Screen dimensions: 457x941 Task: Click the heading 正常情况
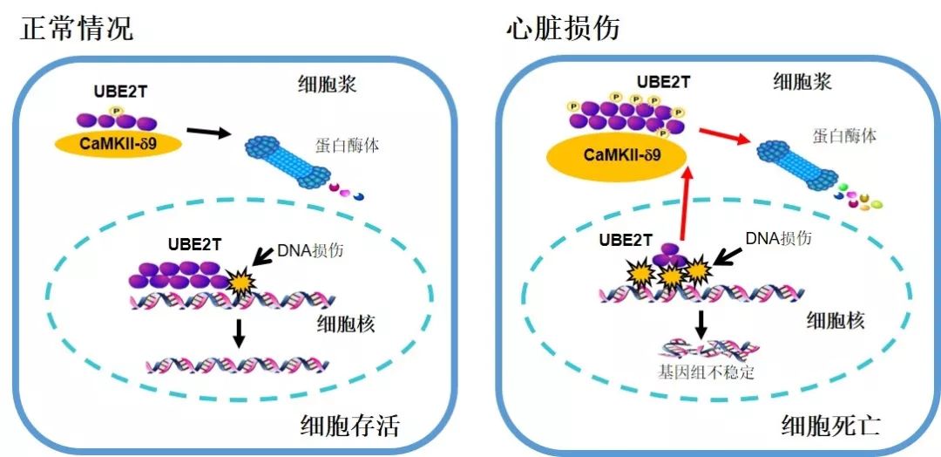77,28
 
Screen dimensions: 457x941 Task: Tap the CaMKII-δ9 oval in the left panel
118,143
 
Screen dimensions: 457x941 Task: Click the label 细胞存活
349,426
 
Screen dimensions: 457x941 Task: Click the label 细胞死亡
831,426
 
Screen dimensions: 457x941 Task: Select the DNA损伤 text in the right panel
780,238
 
